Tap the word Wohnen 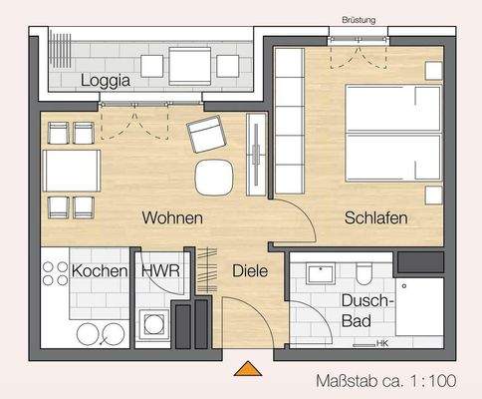pos(172,217)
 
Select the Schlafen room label pos(377,217)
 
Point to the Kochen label pos(100,271)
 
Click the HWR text pos(159,271)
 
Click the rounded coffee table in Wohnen pos(213,177)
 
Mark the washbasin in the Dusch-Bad pos(322,272)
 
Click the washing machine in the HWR pos(154,324)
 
